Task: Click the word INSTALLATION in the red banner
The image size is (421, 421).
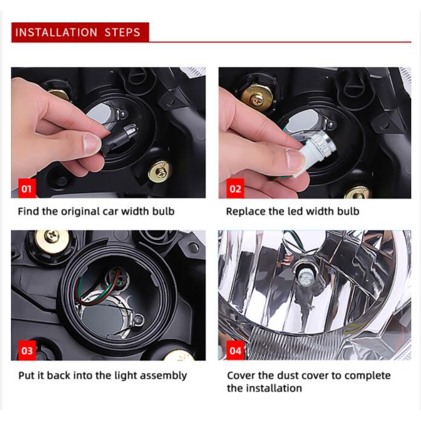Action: tap(56, 33)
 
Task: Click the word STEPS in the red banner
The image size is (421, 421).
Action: tap(122, 33)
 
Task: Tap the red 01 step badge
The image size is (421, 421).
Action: tap(27, 188)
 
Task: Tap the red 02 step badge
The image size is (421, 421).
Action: tap(235, 188)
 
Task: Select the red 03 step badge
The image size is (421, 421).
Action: tap(27, 350)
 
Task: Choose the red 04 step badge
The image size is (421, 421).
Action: tap(235, 350)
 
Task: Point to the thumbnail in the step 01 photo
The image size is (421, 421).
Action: tap(92, 144)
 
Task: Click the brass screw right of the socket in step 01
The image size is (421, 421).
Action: tap(160, 172)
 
